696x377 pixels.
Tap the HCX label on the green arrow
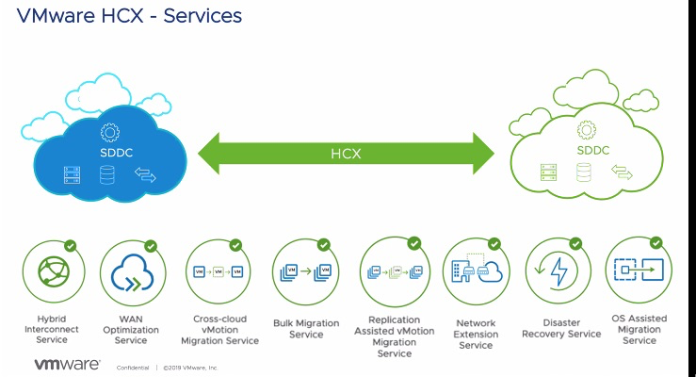[346, 153]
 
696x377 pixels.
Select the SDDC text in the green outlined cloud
[587, 149]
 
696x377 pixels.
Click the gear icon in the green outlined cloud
[587, 130]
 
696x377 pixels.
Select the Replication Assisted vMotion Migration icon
[390, 271]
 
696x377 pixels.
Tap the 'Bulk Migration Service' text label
[306, 328]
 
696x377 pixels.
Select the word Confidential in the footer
[132, 367]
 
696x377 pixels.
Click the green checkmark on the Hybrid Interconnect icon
[72, 246]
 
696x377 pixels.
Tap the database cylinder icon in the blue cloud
[107, 174]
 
